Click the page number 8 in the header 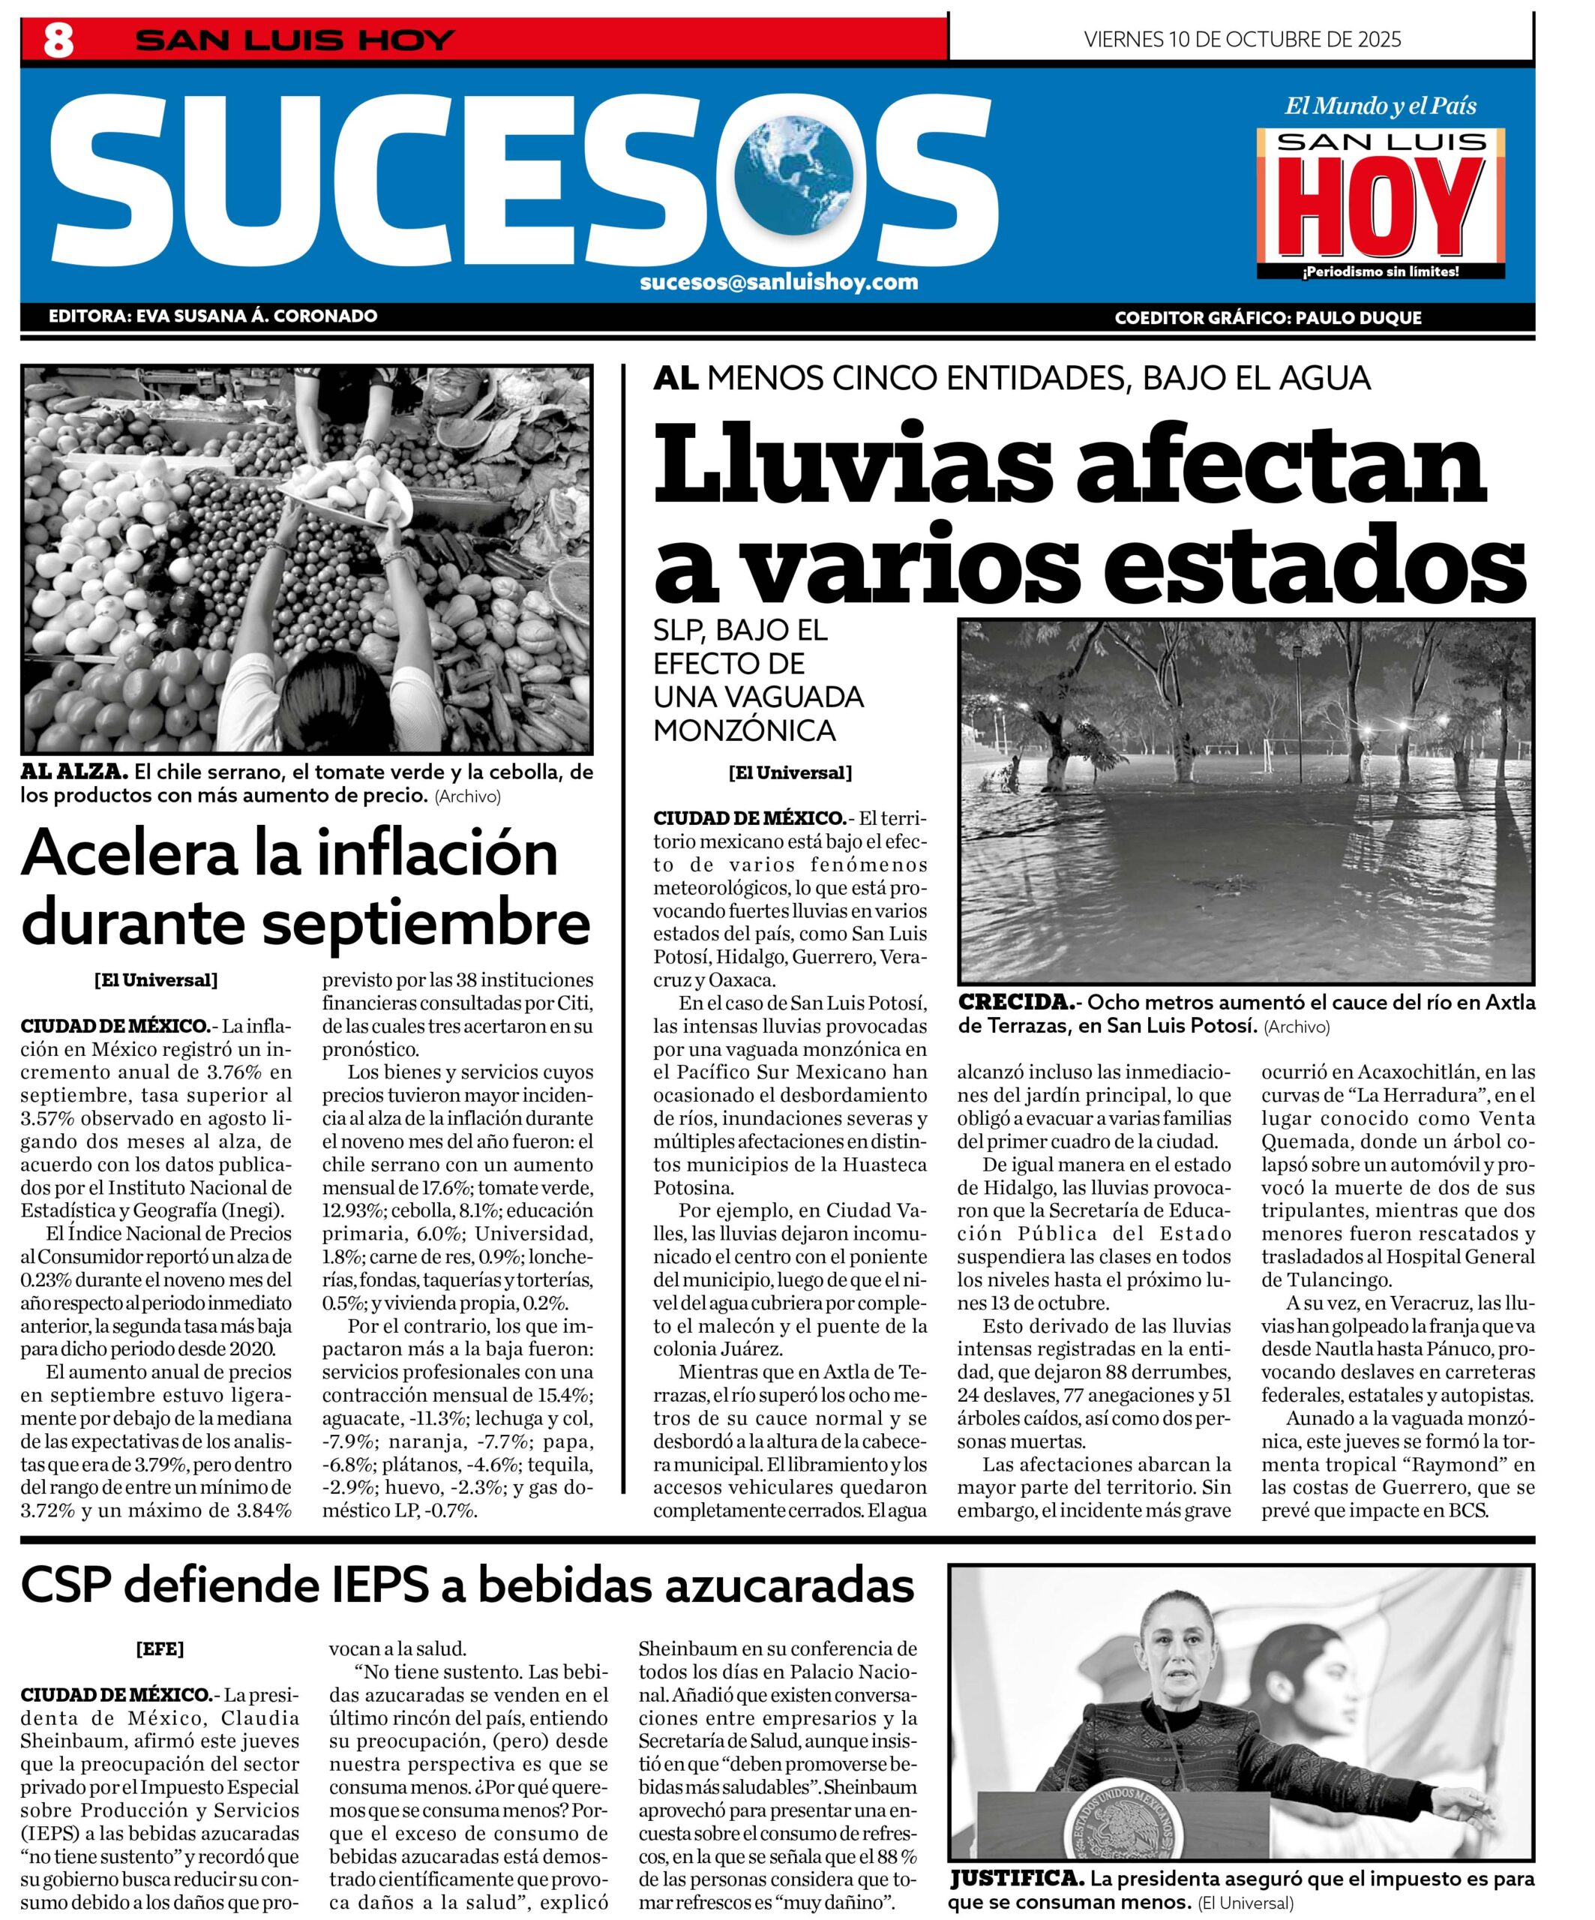pos(58,41)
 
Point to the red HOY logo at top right pos(1381,208)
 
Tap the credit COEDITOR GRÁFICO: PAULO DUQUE pos(1268,318)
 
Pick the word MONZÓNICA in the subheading pos(744,730)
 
